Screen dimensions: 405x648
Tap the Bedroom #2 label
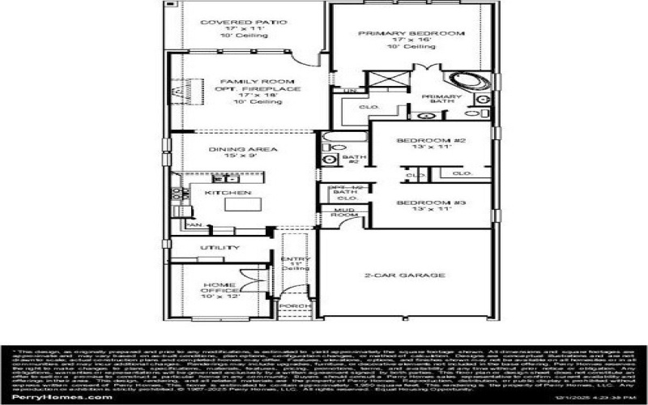coord(431,141)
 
